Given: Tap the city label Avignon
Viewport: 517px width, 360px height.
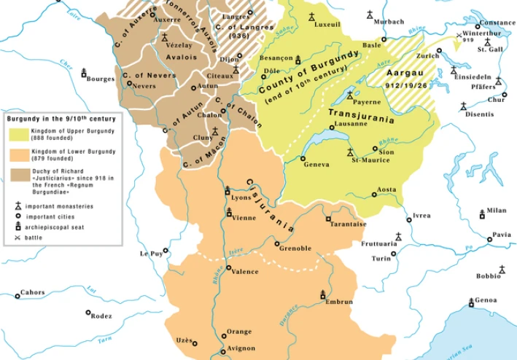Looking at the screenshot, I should (241, 349).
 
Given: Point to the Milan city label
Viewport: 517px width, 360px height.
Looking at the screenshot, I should (496, 210).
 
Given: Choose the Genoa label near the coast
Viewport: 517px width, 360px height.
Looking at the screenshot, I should (486, 300).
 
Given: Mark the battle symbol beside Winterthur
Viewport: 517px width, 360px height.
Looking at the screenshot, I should (458, 34).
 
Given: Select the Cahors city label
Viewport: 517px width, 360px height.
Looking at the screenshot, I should (32, 292).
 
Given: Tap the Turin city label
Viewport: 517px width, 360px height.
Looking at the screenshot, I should (381, 258).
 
